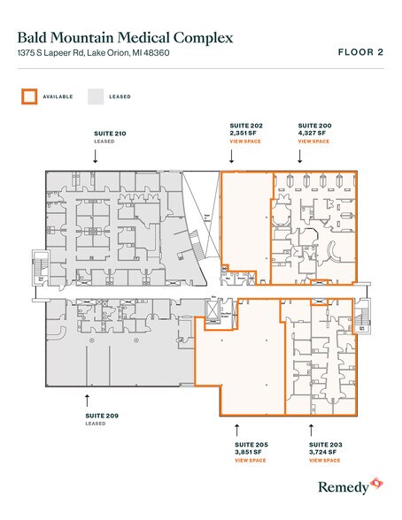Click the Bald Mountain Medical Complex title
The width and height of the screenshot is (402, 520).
(x=125, y=38)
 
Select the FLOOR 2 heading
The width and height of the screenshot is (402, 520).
(x=360, y=52)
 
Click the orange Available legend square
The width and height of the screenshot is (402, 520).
(x=29, y=96)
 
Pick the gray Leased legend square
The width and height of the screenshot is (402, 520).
(x=93, y=96)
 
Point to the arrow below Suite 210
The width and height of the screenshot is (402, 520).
(x=96, y=156)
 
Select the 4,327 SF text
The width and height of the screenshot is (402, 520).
(x=313, y=134)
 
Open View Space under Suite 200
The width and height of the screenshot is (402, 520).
(x=313, y=141)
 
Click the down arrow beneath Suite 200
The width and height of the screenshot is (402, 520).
(x=300, y=156)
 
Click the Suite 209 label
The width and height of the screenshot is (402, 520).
(x=102, y=416)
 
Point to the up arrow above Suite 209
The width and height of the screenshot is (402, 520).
(x=87, y=400)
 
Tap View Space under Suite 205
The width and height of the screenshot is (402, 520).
(x=251, y=460)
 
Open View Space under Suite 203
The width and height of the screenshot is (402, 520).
(x=325, y=460)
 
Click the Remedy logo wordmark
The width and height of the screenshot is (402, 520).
(x=343, y=487)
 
